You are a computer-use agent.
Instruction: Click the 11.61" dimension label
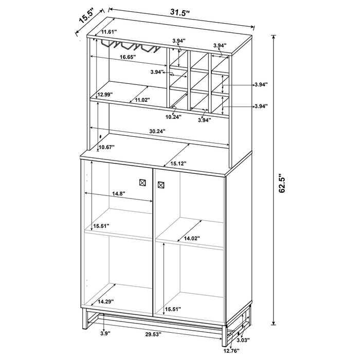point(110,32)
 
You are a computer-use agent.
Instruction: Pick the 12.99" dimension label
point(104,94)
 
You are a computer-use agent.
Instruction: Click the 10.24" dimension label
point(174,117)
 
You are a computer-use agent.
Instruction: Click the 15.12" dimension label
point(178,164)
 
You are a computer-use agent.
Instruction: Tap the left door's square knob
point(143,182)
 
